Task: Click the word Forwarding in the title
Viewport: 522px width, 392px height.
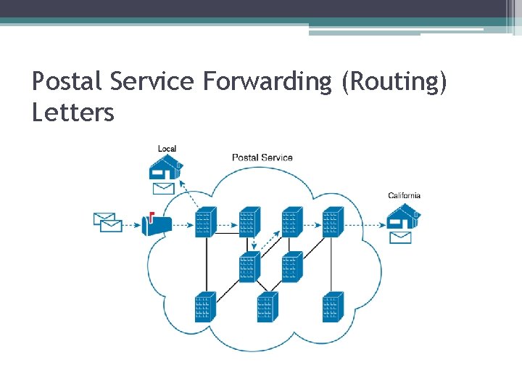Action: (266, 82)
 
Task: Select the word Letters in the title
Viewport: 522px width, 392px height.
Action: (73, 113)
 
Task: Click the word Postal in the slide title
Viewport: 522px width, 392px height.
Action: (67, 82)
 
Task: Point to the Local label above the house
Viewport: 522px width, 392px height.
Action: (167, 149)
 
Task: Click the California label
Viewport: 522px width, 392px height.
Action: (404, 195)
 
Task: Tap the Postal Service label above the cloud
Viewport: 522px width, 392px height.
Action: (262, 157)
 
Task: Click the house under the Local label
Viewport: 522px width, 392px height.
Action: (165, 168)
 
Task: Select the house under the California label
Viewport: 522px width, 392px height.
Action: (402, 216)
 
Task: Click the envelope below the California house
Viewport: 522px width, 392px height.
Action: (401, 237)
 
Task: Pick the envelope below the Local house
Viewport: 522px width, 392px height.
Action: (164, 189)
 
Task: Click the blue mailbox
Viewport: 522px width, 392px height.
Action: (157, 226)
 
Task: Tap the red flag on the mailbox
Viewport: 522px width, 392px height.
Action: (151, 216)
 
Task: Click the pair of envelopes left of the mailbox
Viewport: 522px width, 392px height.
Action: (107, 222)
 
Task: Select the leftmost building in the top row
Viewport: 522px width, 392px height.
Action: (206, 222)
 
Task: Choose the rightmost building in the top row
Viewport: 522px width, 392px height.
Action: (332, 222)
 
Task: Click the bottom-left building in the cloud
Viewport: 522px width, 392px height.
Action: (205, 307)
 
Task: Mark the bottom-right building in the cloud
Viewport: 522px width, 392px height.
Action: (332, 307)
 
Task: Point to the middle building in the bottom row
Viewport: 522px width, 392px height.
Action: (267, 307)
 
